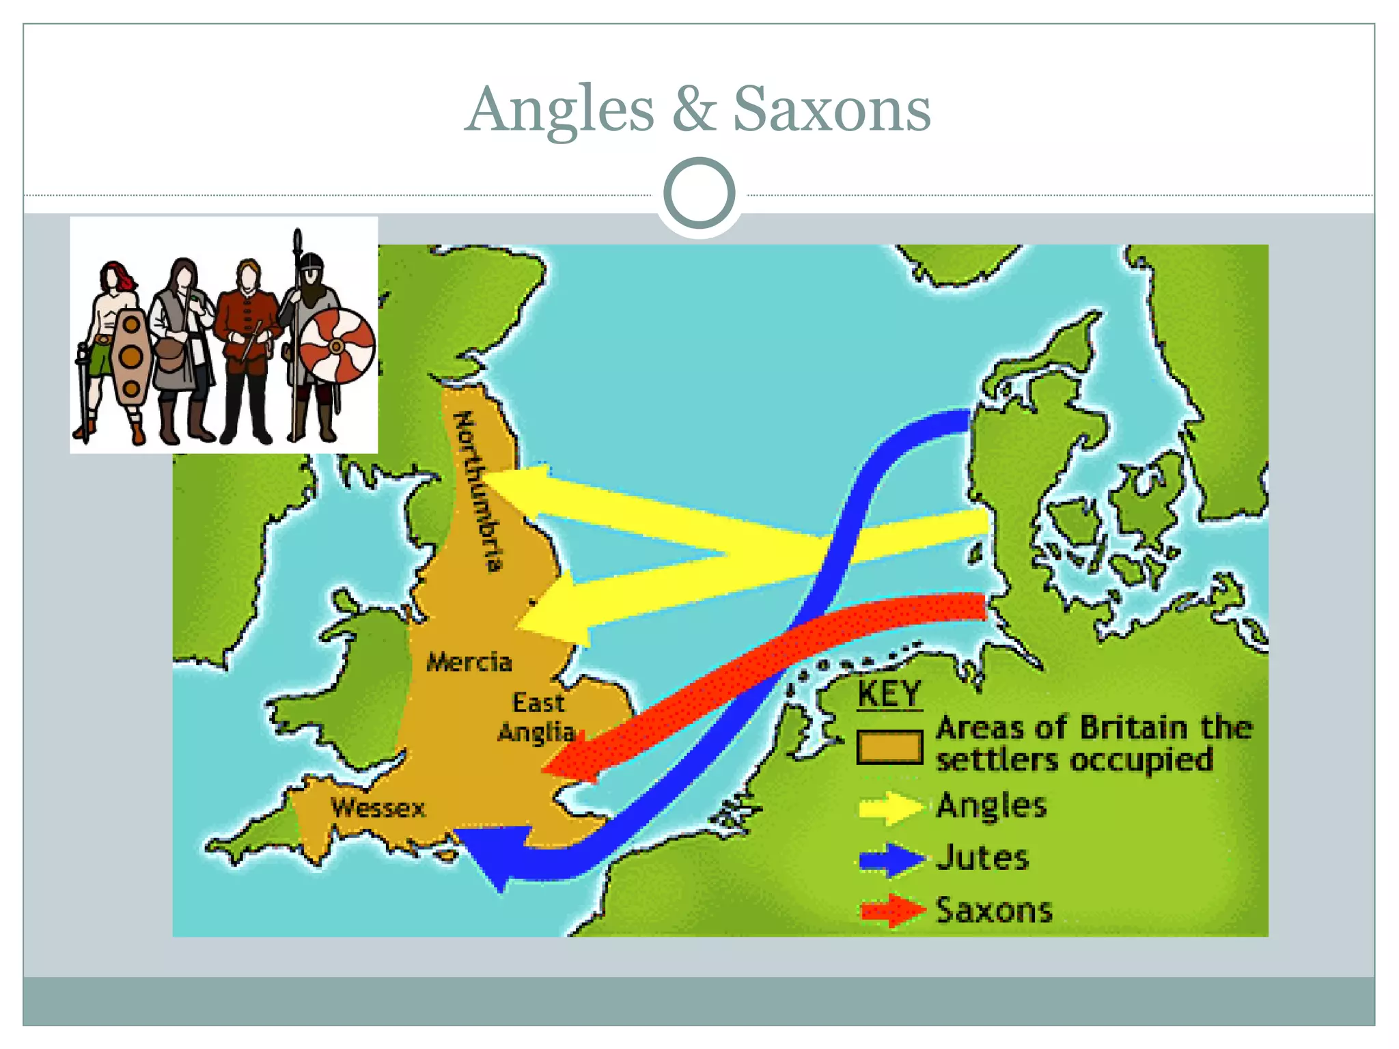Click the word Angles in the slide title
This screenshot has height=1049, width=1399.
(x=560, y=111)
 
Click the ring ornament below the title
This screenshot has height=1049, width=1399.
(x=699, y=193)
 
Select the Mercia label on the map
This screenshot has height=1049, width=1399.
(x=469, y=662)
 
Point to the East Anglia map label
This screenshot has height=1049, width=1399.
(x=538, y=717)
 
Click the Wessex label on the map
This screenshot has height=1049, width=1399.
(x=378, y=808)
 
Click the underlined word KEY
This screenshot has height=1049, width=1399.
(x=889, y=695)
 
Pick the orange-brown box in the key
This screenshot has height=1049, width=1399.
(x=890, y=747)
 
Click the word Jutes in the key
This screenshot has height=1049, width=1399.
(x=982, y=858)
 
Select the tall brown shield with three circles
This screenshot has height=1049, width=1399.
(x=131, y=356)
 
